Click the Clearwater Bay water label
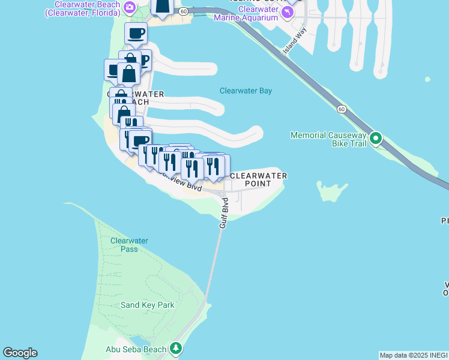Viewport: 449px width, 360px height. pos(246,91)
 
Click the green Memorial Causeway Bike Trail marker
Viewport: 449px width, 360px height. pos(376,139)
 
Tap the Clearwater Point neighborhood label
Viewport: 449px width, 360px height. pos(258,179)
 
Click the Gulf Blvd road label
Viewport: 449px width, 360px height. pos(223,212)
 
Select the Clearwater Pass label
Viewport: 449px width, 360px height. pos(129,245)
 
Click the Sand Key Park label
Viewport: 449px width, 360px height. pos(147,305)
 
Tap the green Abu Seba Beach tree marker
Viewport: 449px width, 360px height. pos(176,348)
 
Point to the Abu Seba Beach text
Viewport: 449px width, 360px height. pos(136,349)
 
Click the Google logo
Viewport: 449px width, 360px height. pos(20,353)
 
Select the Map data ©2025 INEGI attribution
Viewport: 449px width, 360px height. pos(414,355)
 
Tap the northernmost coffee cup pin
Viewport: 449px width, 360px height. pos(136,34)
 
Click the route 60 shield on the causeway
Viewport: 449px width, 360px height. pos(341,109)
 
